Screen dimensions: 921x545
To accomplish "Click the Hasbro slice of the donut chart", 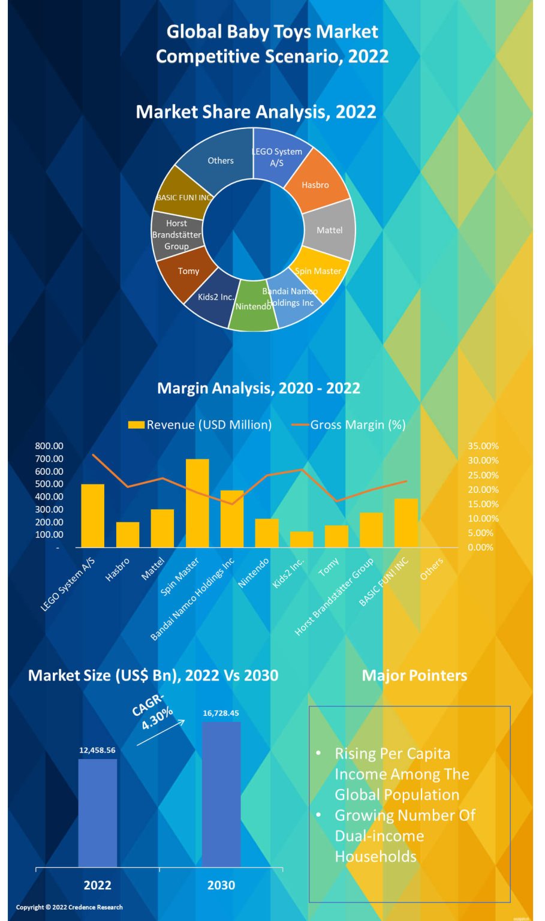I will coord(316,182).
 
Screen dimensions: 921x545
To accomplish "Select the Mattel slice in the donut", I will coord(330,230).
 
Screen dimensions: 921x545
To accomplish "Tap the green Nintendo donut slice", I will coord(254,307).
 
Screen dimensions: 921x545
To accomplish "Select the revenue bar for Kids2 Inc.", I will coord(302,539).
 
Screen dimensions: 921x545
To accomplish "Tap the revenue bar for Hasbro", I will coord(128,534).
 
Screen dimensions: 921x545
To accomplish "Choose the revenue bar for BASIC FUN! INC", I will coord(406,523).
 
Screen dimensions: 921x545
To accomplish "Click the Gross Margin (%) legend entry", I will coord(348,425).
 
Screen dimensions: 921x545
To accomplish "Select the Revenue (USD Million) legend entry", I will coord(200,425).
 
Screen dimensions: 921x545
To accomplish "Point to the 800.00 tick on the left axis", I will coord(49,446).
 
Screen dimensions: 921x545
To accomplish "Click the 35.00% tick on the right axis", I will coord(483,446).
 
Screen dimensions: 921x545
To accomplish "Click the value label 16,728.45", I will coord(221,713).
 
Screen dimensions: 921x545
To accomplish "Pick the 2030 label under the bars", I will coord(221,885).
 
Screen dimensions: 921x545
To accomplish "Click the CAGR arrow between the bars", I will coord(161,733).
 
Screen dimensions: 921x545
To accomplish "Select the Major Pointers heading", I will coord(414,675).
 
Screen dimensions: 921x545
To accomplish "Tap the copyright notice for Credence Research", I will coord(70,907).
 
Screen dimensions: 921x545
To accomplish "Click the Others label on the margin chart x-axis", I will coord(432,568).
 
